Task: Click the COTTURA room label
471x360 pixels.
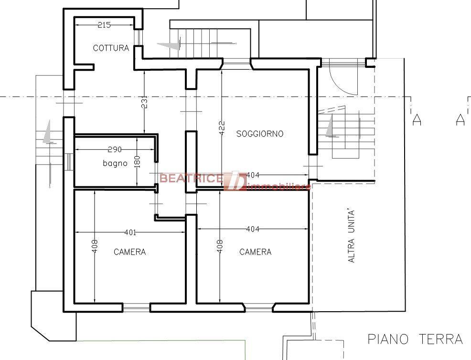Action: point(111,48)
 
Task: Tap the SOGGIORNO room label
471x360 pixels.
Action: point(260,134)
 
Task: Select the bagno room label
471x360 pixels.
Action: point(115,164)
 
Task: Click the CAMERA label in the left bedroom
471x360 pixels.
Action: point(130,252)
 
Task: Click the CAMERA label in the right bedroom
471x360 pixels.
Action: point(256,252)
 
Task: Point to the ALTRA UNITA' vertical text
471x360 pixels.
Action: point(351,236)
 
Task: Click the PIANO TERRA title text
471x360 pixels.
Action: point(415,339)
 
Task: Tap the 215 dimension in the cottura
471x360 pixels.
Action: point(104,25)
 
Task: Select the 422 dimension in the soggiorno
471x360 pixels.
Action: point(222,128)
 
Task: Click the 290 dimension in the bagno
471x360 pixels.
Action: point(115,149)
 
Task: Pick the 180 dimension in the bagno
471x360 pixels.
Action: point(137,162)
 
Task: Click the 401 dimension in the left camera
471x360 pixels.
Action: point(130,232)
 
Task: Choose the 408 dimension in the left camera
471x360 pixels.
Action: point(95,246)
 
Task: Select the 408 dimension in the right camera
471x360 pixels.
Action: point(220,246)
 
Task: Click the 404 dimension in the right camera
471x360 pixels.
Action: point(253,229)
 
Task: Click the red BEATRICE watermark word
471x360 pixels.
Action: point(191,178)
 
